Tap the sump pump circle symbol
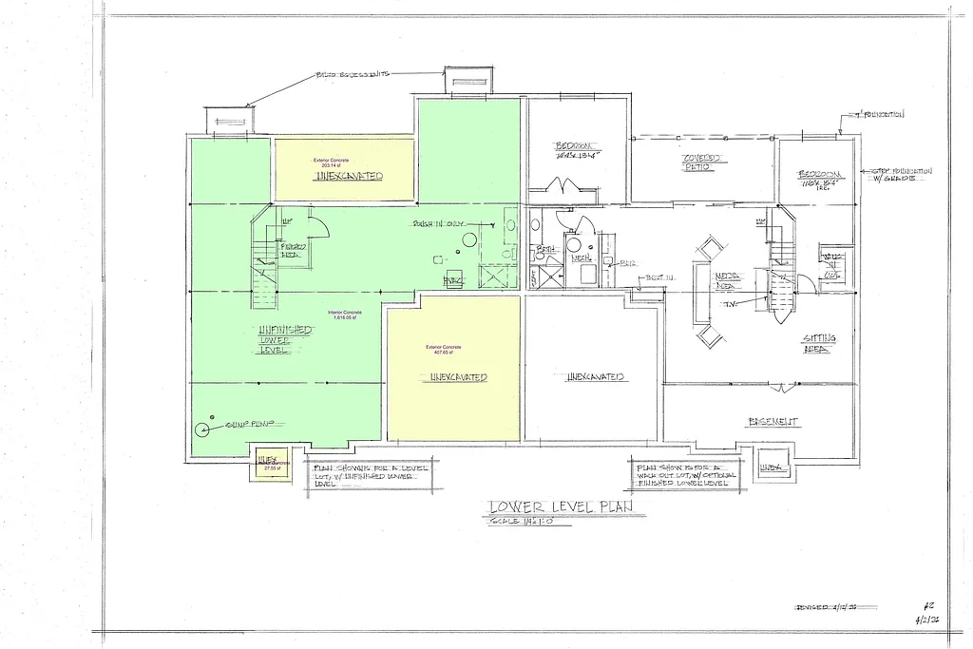202,428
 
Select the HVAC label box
454,281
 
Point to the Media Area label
729,278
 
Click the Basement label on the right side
773,421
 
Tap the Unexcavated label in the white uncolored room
595,377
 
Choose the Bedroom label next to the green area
577,151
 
